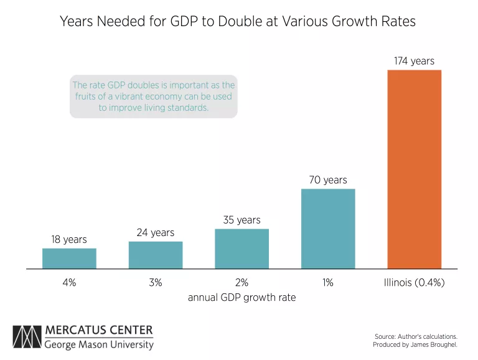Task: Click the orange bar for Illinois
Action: [414, 169]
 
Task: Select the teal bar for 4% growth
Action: [69, 258]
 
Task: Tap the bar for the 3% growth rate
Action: [156, 255]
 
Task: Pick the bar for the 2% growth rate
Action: [241, 249]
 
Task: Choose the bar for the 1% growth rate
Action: [328, 229]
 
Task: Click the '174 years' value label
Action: [414, 61]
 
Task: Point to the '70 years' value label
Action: [328, 180]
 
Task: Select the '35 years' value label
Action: [241, 220]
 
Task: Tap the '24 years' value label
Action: [156, 232]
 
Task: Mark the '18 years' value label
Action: [69, 239]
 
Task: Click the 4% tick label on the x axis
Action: [69, 282]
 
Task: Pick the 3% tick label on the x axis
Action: [156, 282]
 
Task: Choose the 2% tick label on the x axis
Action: [241, 282]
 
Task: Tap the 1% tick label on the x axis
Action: [328, 282]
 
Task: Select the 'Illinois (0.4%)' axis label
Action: [414, 282]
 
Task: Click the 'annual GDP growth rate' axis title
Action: [241, 298]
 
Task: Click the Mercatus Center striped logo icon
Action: [26, 338]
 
